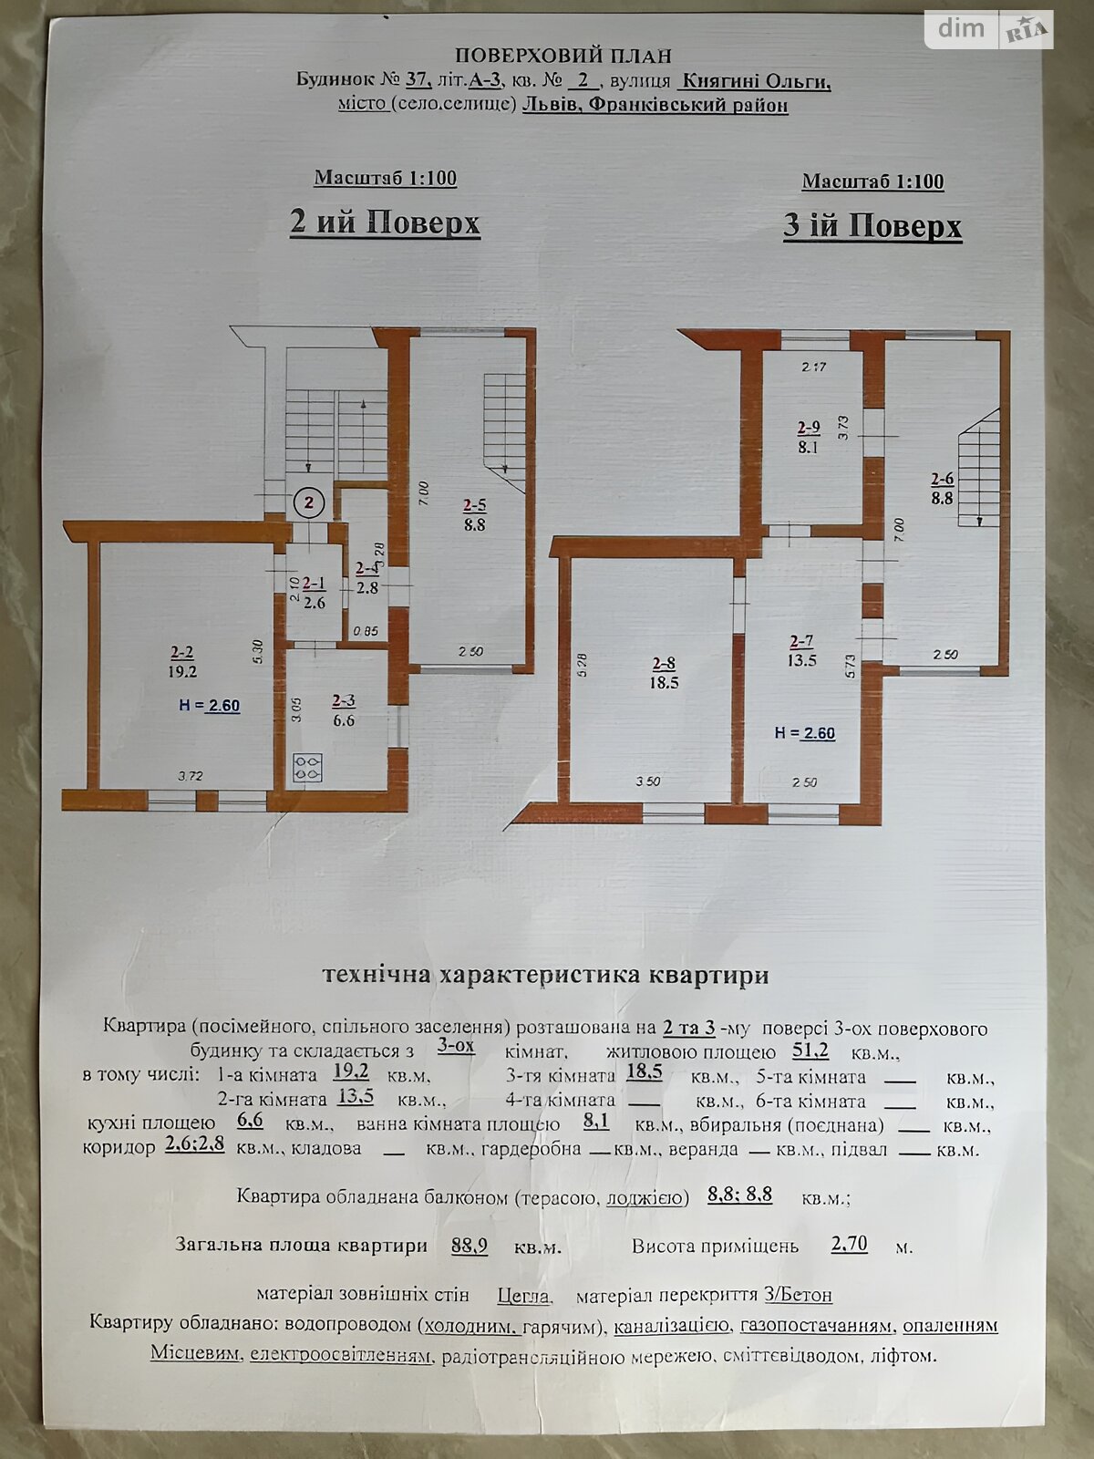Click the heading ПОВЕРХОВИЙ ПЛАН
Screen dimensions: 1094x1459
(562, 56)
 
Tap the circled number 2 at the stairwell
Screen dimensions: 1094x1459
(308, 502)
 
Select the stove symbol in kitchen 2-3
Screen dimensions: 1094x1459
(307, 767)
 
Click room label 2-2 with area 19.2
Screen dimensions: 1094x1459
(182, 661)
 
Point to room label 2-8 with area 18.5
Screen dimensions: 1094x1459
(664, 673)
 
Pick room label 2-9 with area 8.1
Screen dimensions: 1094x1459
(809, 437)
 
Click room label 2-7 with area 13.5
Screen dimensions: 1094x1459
(801, 651)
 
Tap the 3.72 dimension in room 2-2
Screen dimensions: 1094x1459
(191, 775)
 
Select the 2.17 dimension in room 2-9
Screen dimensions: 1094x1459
(814, 367)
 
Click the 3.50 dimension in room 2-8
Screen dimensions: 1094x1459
(647, 781)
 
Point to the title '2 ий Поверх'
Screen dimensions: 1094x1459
(385, 222)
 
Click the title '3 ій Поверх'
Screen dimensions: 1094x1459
(872, 226)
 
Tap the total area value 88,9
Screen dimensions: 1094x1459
(470, 1245)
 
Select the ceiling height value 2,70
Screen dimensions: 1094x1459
(849, 1243)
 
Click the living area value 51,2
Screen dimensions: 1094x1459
(810, 1050)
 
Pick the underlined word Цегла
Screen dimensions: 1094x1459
(524, 1296)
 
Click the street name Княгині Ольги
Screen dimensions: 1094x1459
(755, 82)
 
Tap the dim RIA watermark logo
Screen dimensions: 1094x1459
(988, 29)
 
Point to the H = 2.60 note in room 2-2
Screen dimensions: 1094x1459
(210, 705)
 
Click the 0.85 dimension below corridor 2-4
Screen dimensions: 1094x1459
(366, 631)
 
